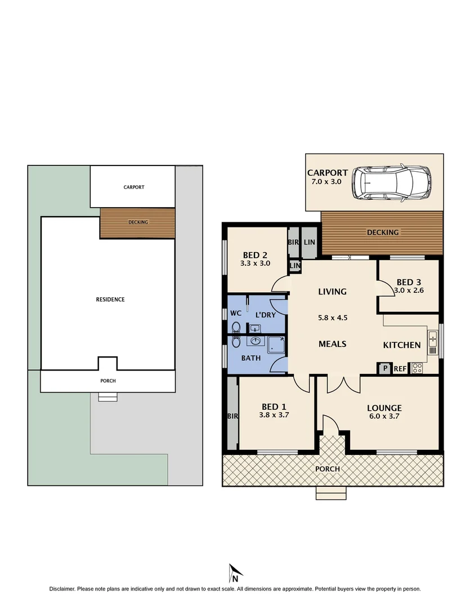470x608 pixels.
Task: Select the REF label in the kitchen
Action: point(400,369)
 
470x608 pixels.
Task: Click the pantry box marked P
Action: point(385,369)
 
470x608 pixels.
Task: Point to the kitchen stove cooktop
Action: point(418,369)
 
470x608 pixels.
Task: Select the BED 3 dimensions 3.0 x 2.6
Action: point(410,291)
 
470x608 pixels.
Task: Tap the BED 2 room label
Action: point(254,253)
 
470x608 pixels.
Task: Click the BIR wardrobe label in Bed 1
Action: point(231,417)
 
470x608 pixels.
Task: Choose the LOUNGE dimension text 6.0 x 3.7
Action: point(384,417)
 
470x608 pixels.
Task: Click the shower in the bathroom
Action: point(276,345)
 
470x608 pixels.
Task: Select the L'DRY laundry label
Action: point(265,314)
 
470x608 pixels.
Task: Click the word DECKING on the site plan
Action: point(138,222)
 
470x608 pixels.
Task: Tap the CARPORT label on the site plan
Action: point(134,187)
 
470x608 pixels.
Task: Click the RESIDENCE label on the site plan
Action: point(110,299)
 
